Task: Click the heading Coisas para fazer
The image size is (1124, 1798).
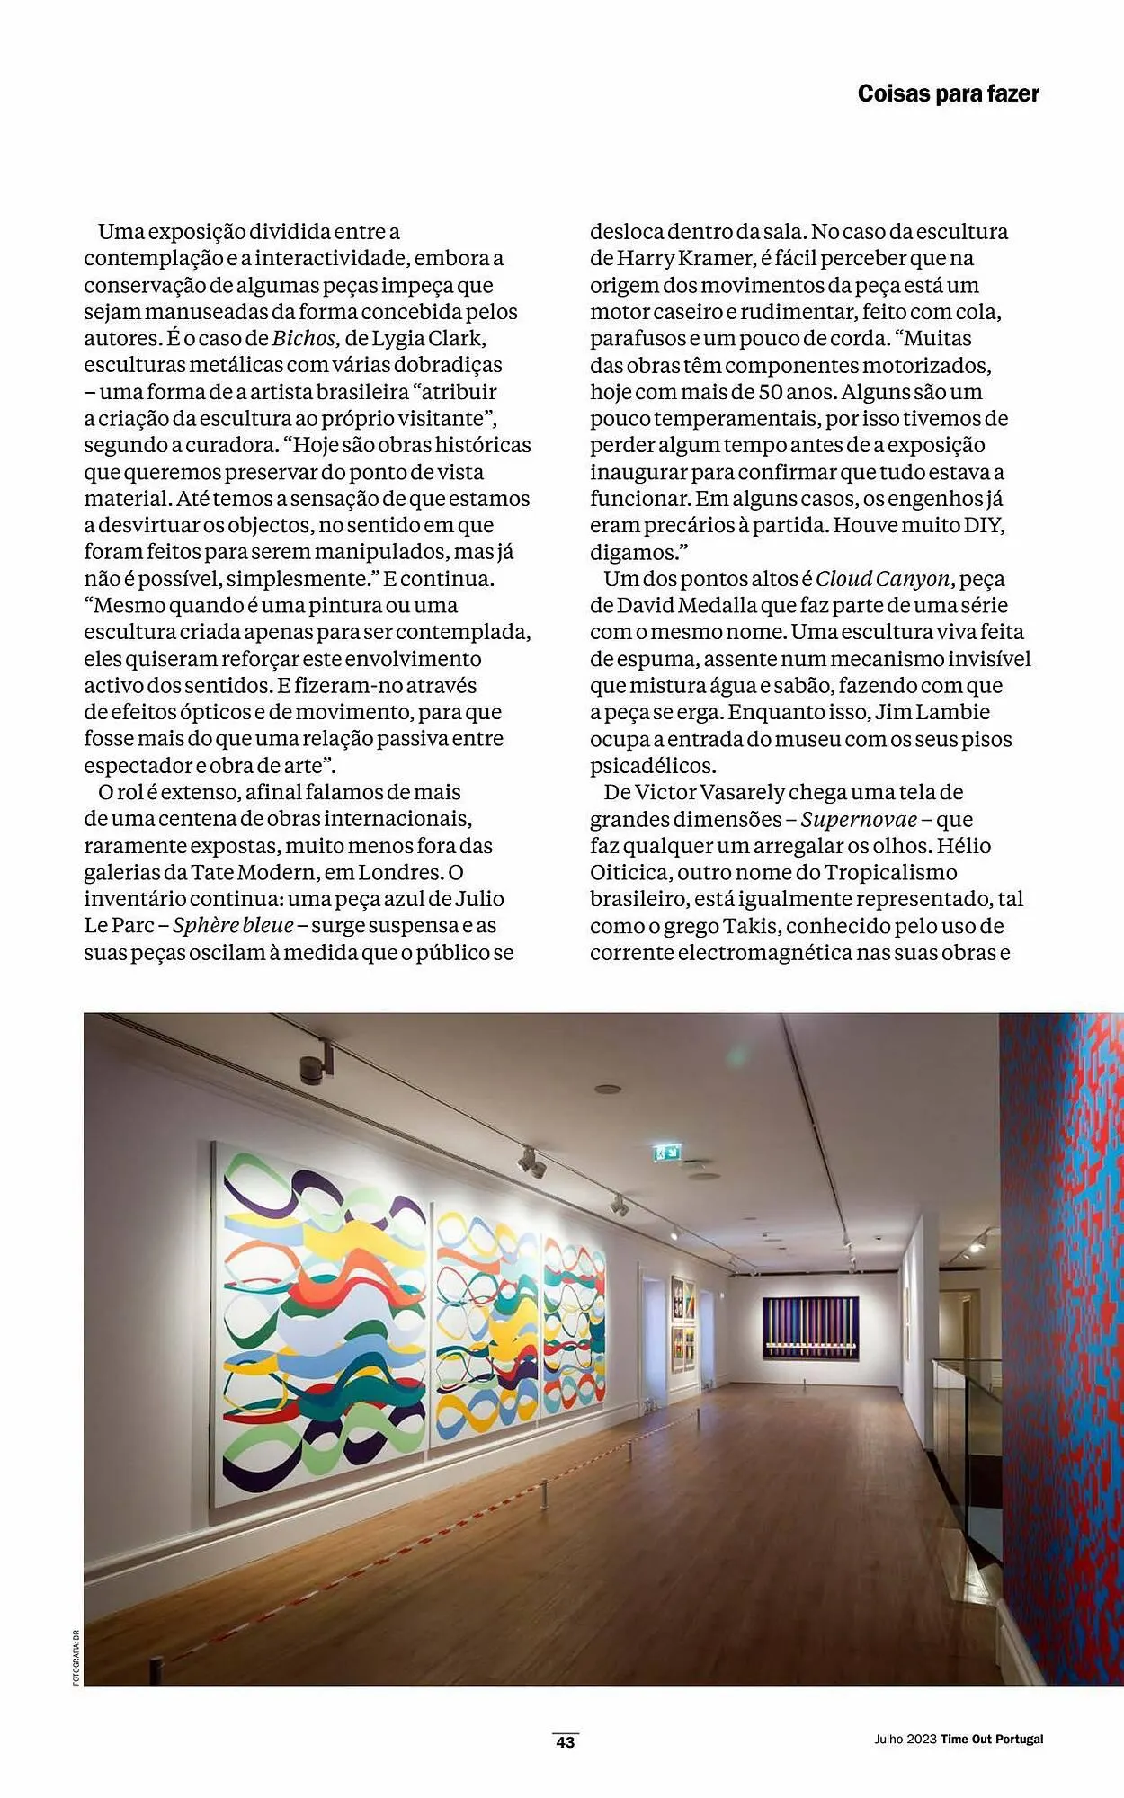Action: pos(948,93)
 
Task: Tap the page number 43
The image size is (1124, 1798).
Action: pos(565,1741)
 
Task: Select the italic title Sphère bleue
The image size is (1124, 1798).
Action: pos(233,926)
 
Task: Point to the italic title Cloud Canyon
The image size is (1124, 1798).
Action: pos(883,579)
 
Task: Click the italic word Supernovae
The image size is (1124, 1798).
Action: pos(859,820)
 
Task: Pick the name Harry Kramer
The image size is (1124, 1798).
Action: pos(685,259)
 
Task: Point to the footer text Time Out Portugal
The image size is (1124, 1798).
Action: pos(992,1740)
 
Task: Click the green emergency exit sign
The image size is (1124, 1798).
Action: pos(666,1151)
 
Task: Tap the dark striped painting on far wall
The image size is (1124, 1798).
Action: pos(810,1328)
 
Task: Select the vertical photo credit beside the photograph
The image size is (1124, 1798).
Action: pos(76,1657)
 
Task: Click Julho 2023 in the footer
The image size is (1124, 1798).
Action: pos(905,1740)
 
